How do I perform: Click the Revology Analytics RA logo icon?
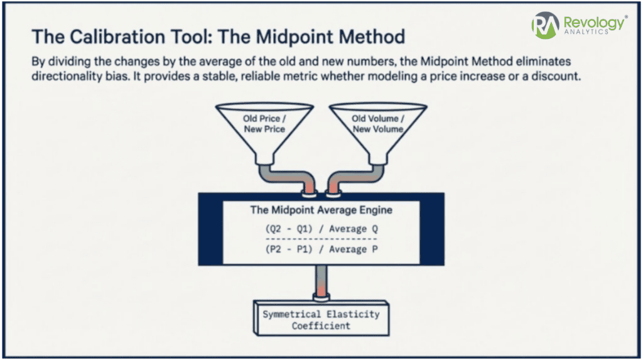point(546,25)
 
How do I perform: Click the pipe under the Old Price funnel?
point(287,177)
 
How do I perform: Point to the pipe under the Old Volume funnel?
point(355,177)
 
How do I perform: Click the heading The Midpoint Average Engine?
point(321,210)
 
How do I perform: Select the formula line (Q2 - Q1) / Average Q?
point(321,229)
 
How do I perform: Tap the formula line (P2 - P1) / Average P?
point(321,249)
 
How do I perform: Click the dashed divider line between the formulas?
point(321,239)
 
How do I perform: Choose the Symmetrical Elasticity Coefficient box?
point(321,318)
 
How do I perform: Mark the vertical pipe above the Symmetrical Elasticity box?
point(321,283)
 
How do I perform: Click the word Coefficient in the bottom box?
point(321,326)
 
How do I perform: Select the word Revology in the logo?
point(594,23)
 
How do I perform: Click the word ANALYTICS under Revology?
point(586,31)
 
